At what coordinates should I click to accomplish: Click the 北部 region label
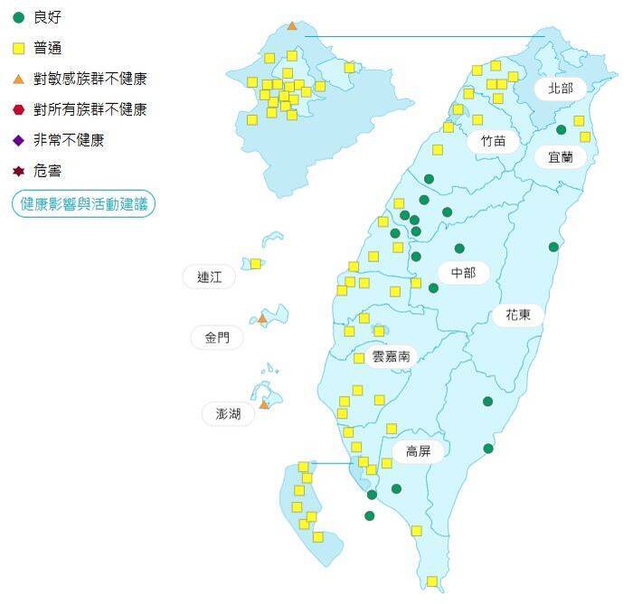[561, 89]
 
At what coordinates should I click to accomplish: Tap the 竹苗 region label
[494, 141]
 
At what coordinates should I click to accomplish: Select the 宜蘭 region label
[561, 156]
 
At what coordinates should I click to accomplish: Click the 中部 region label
[463, 272]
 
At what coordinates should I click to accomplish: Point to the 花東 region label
[518, 315]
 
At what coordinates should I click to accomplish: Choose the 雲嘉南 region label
[392, 356]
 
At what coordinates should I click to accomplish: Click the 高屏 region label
[419, 451]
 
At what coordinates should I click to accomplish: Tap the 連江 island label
[209, 278]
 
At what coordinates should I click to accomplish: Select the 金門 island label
[217, 338]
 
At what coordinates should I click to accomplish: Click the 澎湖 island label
[222, 414]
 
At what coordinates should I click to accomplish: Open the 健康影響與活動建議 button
[83, 204]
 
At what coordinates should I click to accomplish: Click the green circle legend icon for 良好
[18, 17]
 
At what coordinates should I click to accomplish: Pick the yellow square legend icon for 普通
[18, 48]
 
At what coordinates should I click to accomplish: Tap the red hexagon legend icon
[18, 109]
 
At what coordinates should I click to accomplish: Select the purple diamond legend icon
[18, 140]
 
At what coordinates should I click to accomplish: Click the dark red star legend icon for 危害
[18, 171]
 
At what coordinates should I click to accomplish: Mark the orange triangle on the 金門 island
[262, 318]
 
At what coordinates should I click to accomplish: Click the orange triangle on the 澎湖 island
[264, 404]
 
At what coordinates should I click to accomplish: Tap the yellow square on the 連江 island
[256, 264]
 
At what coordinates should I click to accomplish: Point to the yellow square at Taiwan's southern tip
[432, 581]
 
